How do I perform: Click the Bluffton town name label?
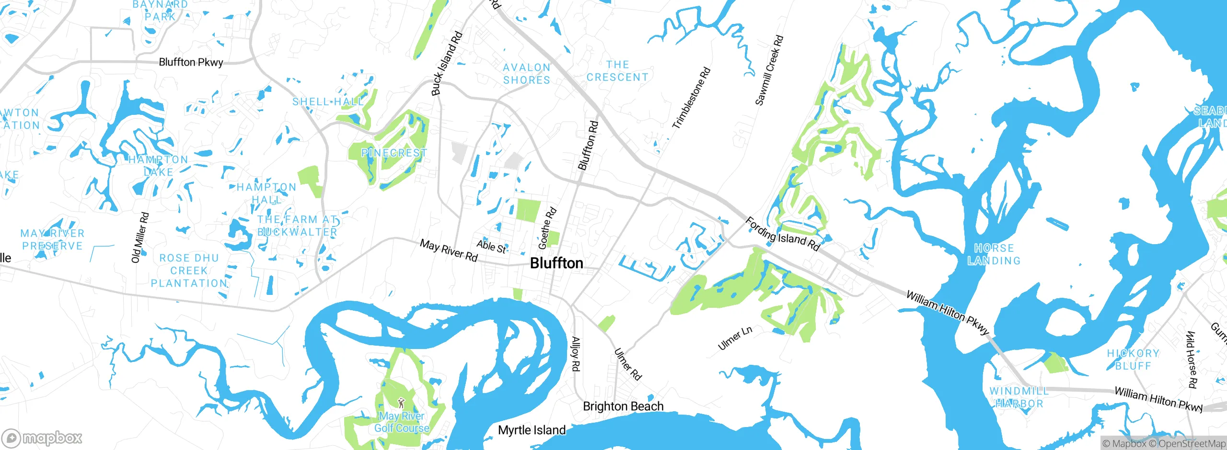[556, 263]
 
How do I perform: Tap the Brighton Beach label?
[623, 406]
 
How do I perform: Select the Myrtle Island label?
[532, 430]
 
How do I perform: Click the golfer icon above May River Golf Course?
[401, 403]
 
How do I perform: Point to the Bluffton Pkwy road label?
[191, 62]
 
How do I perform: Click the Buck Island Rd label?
[447, 63]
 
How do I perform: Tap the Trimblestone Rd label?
[691, 98]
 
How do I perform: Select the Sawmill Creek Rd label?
[769, 70]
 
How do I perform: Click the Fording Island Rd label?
[783, 234]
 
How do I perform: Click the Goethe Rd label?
[547, 228]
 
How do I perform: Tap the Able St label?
[491, 247]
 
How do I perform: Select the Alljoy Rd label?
[576, 354]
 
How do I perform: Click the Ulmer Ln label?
[735, 338]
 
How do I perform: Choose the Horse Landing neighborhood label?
[994, 255]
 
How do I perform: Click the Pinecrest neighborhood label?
[394, 153]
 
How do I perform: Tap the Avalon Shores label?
[527, 74]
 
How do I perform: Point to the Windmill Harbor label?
[1019, 397]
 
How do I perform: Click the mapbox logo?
[42, 438]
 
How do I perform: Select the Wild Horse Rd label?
[1192, 359]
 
